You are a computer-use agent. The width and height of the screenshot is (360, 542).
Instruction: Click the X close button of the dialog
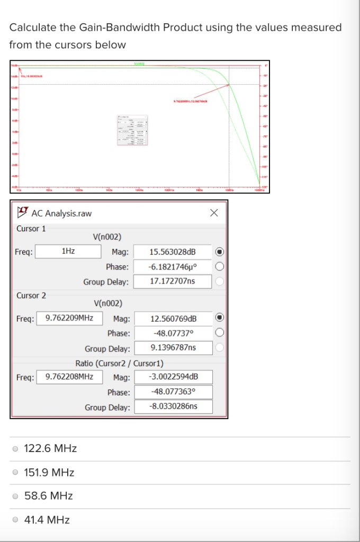click(214, 213)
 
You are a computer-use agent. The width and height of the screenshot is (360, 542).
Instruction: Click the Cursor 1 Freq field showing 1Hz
click(68, 251)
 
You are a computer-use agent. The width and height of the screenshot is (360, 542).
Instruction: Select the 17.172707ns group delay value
click(173, 281)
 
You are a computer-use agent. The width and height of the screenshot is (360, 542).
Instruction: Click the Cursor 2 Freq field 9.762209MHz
click(69, 318)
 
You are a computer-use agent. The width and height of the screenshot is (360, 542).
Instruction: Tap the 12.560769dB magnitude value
click(173, 319)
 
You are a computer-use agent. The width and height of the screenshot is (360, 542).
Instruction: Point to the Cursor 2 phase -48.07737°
click(173, 333)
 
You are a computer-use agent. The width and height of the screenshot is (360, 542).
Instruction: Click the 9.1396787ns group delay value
click(173, 348)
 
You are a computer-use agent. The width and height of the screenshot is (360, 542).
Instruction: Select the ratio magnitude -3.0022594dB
click(173, 377)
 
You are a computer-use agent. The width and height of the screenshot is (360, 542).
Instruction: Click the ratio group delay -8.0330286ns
click(173, 406)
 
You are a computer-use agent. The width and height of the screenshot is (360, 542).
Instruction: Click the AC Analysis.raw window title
click(61, 213)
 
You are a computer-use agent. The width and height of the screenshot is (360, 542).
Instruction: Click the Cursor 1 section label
click(31, 229)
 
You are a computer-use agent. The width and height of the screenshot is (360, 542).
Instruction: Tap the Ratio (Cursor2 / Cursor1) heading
click(119, 363)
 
